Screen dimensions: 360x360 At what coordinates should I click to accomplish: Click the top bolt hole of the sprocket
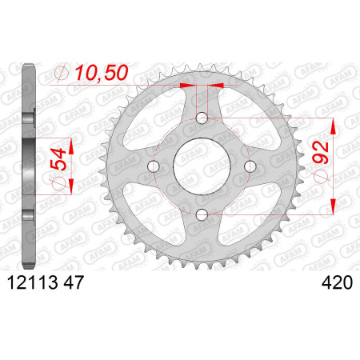202,118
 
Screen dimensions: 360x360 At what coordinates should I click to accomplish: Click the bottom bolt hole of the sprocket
202,214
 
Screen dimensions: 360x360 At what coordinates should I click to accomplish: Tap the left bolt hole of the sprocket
154,166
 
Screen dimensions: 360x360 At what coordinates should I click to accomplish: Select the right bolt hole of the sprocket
250,166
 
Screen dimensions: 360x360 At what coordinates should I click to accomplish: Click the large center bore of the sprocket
202,166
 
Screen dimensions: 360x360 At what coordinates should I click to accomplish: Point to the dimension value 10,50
102,73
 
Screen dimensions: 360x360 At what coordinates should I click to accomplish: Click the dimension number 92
321,153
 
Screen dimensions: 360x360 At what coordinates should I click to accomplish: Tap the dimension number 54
58,159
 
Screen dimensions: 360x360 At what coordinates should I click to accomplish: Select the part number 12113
33,282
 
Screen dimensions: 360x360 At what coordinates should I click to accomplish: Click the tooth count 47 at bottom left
74,282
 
